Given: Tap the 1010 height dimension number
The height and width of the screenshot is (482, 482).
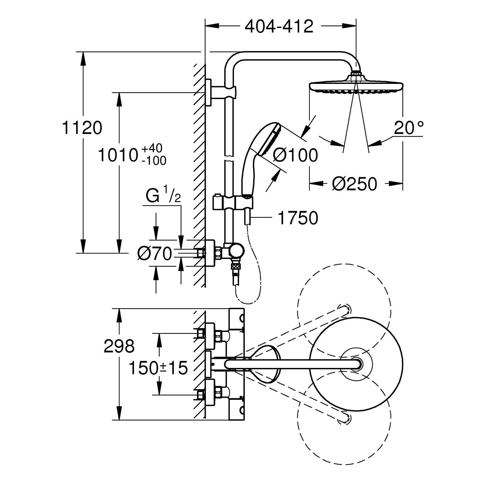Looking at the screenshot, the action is click(118, 155).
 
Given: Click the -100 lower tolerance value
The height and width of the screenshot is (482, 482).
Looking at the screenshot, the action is click(154, 160).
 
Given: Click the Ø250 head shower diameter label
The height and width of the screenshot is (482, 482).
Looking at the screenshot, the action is click(354, 184).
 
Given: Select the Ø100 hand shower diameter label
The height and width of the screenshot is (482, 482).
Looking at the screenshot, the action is click(295, 156).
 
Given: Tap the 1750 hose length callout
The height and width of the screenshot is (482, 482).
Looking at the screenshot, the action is click(298, 218).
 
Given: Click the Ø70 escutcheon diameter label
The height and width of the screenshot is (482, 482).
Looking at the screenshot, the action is click(154, 254).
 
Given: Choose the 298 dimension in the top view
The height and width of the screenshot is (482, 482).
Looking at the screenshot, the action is click(119, 346).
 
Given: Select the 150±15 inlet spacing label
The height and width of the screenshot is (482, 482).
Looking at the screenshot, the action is click(158, 368).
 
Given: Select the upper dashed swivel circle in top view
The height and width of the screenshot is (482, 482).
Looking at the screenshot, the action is click(345, 312).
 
